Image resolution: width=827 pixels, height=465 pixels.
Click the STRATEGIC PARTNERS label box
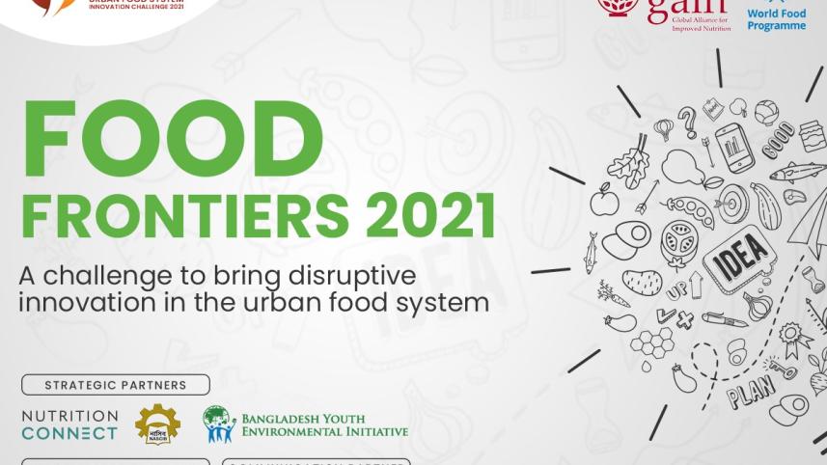click(x=115, y=385)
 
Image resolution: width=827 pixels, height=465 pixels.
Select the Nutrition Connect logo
click(x=69, y=424)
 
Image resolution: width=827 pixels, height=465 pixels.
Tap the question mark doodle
click(x=688, y=123)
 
